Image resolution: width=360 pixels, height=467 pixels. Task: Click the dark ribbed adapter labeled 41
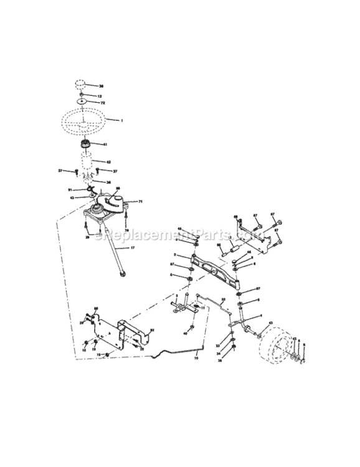pos(86,146)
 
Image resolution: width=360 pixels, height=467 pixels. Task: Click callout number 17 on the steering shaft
pos(133,247)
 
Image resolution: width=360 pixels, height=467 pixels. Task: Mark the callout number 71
pos(141,202)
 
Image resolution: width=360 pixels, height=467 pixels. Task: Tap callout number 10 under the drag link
pos(196,359)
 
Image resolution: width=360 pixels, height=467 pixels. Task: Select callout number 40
pos(185,334)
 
